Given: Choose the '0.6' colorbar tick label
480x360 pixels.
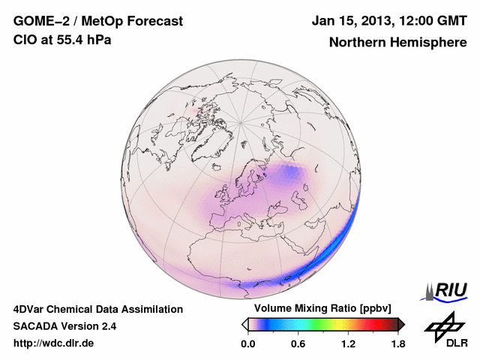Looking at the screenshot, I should click(x=298, y=344).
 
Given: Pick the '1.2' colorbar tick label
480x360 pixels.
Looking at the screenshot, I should click(x=347, y=344).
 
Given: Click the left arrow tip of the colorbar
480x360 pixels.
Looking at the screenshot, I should click(x=244, y=324).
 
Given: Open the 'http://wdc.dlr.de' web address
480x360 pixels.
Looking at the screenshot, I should click(x=55, y=343).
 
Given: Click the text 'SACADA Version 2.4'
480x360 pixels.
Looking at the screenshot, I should click(x=64, y=326).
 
